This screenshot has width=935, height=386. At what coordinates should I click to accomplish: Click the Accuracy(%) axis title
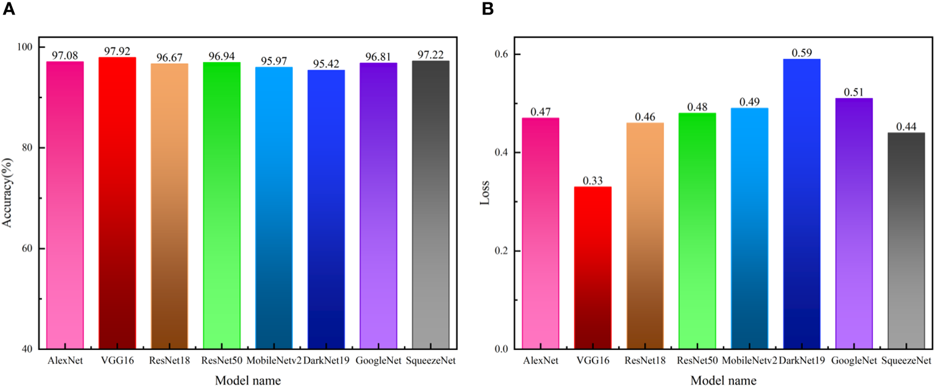pyautogui.click(x=8, y=197)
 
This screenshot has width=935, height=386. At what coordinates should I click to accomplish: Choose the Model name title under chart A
pyautogui.click(x=247, y=381)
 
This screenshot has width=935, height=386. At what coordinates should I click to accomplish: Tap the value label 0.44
pyautogui.click(x=906, y=126)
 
